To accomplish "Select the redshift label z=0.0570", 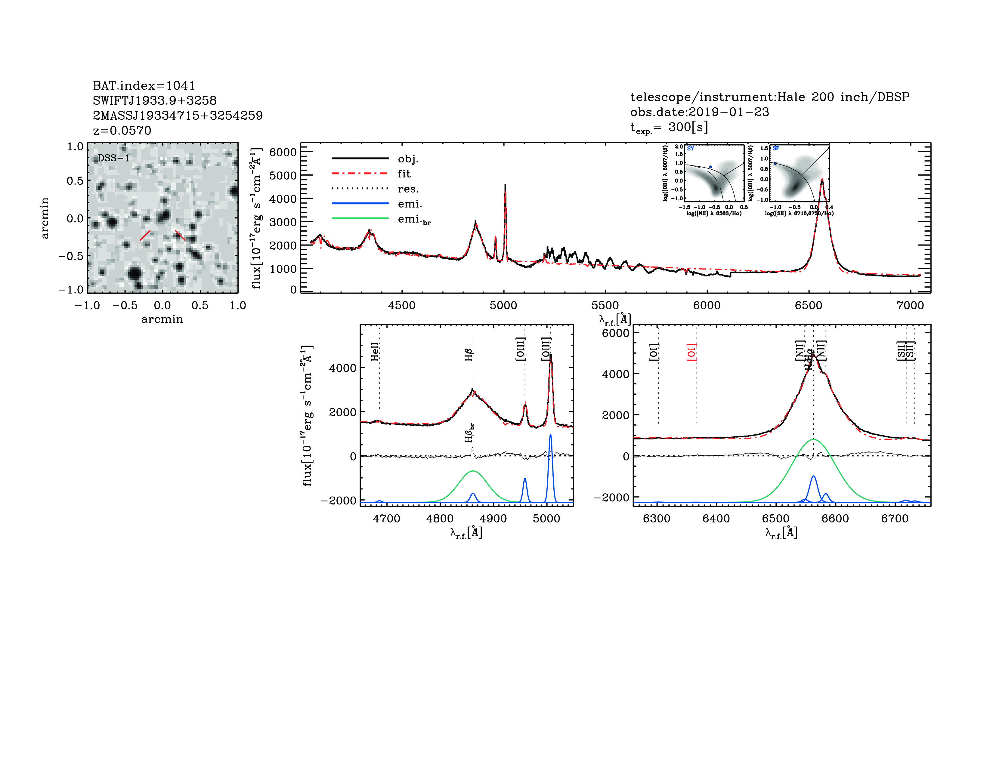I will (122, 131).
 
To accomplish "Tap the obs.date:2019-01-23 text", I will (699, 112).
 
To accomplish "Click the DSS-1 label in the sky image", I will (114, 159).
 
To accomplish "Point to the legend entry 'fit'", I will (404, 174).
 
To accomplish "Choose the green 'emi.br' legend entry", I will (414, 220).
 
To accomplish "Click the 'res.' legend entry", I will (408, 189).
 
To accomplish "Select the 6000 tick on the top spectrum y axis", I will (283, 152).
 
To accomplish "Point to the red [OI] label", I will (691, 352).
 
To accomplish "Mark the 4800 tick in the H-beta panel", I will (440, 519).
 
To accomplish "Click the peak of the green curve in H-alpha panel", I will (813, 439).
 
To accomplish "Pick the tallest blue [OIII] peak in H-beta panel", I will (551, 434).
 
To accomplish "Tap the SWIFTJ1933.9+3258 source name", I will (155, 100).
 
